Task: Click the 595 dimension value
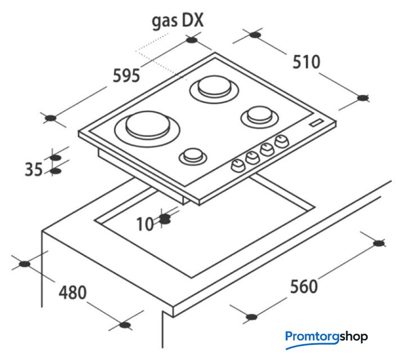pos(126,75)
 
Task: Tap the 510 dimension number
pos(306,62)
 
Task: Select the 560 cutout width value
pos(304,286)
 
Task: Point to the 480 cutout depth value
pos(73,292)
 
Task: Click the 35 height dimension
pos(34,169)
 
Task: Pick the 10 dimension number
pos(145,224)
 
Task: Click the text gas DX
pos(178,21)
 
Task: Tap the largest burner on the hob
pos(147,128)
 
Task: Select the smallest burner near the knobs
pos(193,155)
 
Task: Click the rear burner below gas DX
pos(214,89)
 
